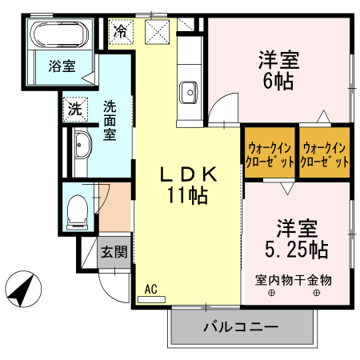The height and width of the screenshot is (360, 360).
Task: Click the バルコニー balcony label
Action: coord(240,327)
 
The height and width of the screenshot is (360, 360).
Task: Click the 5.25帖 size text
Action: coord(296,249)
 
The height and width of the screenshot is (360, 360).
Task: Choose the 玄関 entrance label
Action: coord(113,252)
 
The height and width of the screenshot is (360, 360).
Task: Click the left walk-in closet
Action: coord(269,153)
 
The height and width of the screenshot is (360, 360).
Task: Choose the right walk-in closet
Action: coord(324,153)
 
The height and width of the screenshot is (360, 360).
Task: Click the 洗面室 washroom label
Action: coord(110,119)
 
